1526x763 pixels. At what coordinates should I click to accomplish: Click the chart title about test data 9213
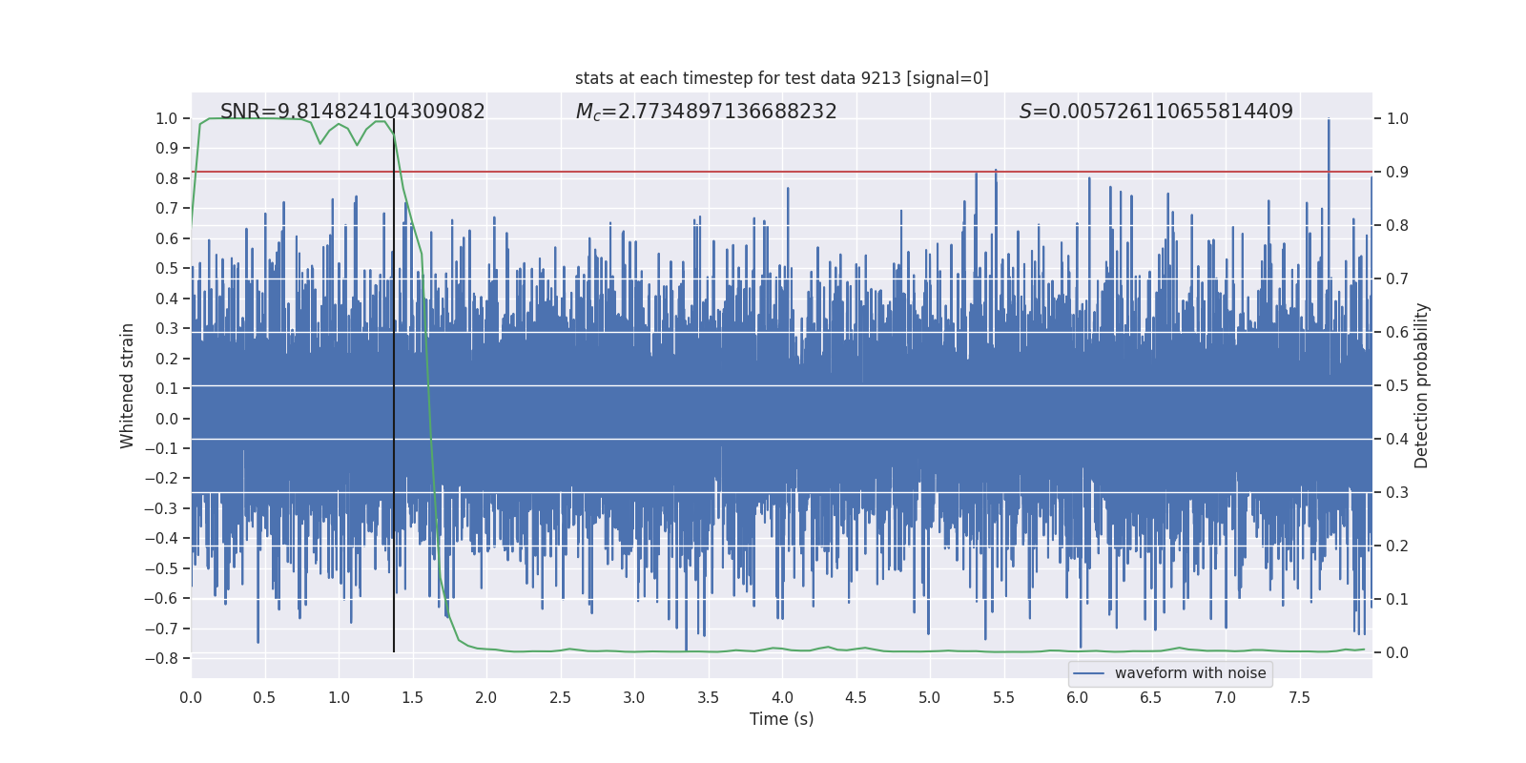click(781, 78)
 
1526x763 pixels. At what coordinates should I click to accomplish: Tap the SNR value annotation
click(352, 112)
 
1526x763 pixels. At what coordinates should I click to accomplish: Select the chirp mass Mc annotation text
click(706, 112)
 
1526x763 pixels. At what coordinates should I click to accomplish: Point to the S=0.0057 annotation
click(1156, 112)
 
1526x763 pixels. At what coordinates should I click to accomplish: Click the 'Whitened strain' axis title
click(127, 385)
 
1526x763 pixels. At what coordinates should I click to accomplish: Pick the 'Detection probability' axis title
click(1422, 385)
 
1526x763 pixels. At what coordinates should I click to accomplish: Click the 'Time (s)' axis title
click(781, 719)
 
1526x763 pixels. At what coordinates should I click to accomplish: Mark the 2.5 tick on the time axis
click(560, 698)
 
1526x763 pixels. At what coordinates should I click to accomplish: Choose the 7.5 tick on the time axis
click(1299, 698)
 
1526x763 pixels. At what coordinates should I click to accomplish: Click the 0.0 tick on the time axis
click(191, 698)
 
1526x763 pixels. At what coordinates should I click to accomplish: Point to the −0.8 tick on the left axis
click(161, 658)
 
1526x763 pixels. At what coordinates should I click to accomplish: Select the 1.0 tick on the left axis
click(167, 118)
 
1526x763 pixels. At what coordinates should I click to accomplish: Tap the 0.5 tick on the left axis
click(167, 269)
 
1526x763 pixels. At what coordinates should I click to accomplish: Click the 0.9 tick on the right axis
click(1397, 173)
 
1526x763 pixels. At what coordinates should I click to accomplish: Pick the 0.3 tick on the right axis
click(1397, 493)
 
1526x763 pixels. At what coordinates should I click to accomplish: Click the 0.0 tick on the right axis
click(1397, 653)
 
